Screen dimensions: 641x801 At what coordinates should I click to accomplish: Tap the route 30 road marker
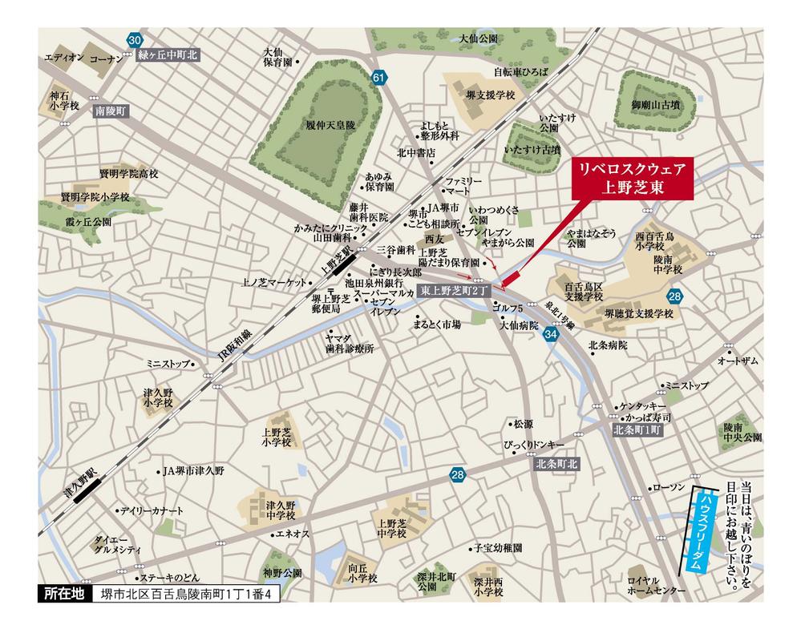pos(135,40)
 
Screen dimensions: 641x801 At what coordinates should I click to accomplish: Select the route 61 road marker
pos(379,78)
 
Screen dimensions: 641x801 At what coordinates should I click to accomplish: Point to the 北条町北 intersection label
pos(558,464)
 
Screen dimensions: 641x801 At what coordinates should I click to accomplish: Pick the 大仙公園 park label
pos(479,38)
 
